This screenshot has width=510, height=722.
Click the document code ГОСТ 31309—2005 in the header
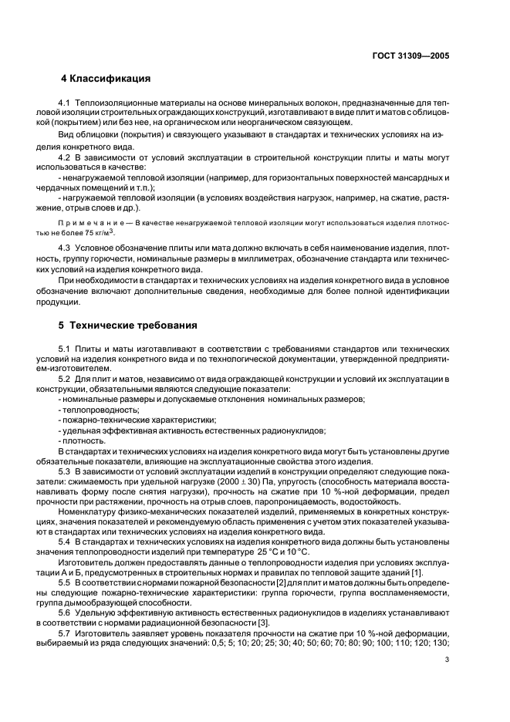tap(409, 56)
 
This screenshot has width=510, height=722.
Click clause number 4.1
tap(66, 103)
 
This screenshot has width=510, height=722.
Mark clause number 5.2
tap(66, 379)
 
